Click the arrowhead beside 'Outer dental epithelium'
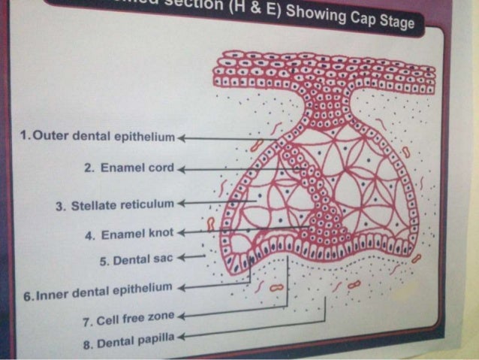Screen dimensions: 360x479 181,138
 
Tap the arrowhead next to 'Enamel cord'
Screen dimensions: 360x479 180,171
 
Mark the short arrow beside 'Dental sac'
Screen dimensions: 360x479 189,257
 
